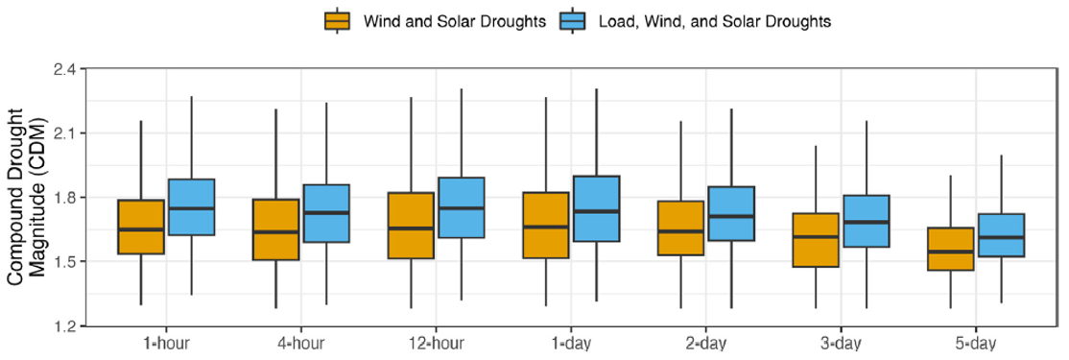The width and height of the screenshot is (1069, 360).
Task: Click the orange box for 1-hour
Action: pos(141,227)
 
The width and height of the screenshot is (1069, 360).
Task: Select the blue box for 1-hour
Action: pos(191,206)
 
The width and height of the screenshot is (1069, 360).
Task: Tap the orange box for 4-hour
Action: pos(275,229)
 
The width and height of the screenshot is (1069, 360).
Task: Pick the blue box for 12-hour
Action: pos(462,207)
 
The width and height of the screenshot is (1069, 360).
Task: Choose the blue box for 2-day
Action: pos(731,214)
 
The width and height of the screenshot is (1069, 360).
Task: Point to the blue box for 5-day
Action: pos(1001,235)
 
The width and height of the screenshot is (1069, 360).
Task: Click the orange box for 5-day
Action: pos(951,249)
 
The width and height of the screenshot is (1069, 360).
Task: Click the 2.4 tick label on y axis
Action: pos(64,69)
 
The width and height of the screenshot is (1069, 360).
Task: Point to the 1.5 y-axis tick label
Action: pos(64,261)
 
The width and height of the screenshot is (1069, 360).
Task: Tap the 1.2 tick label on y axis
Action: pos(64,325)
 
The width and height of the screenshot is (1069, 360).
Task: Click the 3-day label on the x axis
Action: pos(841,344)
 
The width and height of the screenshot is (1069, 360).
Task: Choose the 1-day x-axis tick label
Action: pos(571,344)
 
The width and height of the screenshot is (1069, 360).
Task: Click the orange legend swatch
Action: pos(338,21)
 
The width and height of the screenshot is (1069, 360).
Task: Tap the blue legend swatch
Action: pos(572,21)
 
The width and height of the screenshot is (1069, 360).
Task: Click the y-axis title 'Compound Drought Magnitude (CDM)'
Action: pos(27,197)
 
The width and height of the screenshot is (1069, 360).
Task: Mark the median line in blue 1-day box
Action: pos(596,211)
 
